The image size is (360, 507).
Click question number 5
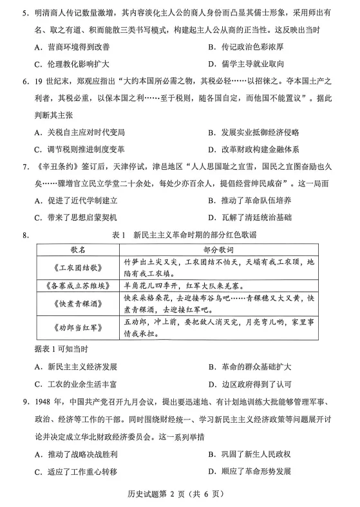pos(25,14)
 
